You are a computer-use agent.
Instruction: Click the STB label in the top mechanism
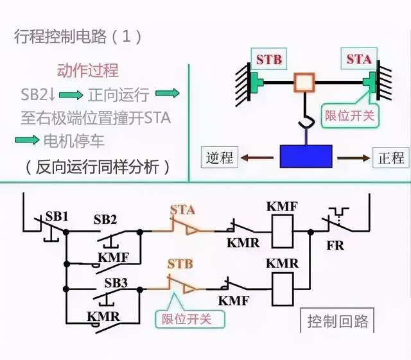[x=268, y=60]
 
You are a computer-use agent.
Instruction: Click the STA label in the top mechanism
[x=358, y=60]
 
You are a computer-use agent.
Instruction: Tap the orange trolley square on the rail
[x=303, y=82]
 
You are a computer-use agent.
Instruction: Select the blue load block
[x=306, y=157]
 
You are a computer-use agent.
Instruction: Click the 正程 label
[x=390, y=157]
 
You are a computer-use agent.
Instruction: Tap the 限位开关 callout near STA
[x=349, y=116]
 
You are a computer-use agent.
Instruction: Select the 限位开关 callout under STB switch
[x=186, y=318]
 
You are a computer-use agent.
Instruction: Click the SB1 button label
[x=57, y=216]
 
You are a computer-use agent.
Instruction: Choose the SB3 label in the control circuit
[x=116, y=282]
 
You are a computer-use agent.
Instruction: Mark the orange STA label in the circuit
[x=182, y=209]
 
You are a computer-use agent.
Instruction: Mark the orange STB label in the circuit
[x=180, y=264]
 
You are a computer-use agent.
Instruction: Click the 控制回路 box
[x=338, y=321]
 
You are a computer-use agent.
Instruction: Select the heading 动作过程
[x=88, y=71]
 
